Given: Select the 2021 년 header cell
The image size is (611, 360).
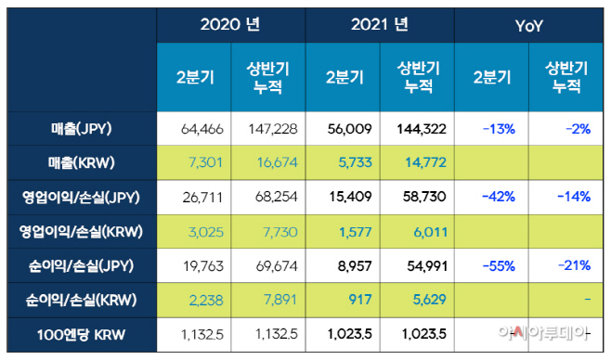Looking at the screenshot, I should click(380, 25).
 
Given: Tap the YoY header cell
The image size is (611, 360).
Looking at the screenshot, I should click(529, 25).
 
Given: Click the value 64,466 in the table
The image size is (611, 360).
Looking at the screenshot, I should click(195, 129).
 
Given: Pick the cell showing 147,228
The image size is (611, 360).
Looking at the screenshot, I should click(268, 129).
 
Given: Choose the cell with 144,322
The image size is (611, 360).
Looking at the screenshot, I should click(418, 129).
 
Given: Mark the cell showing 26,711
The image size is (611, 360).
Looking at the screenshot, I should click(195, 198).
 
